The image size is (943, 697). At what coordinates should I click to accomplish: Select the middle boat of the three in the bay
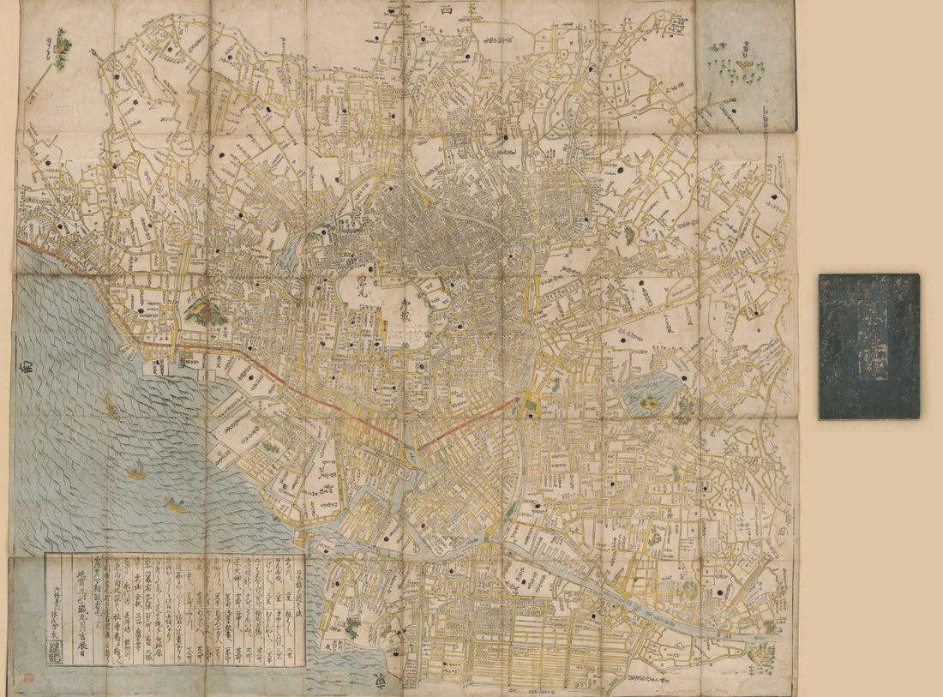135,471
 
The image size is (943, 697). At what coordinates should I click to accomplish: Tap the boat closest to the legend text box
175,505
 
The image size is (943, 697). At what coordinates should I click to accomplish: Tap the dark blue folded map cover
868,346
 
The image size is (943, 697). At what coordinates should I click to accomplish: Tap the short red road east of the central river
466,424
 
